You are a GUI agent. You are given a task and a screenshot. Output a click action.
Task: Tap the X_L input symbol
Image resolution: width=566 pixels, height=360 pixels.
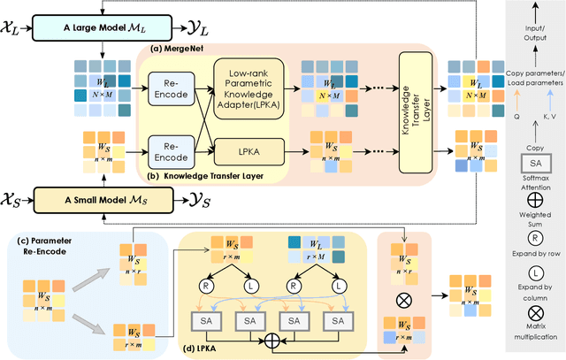(x=18, y=30)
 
